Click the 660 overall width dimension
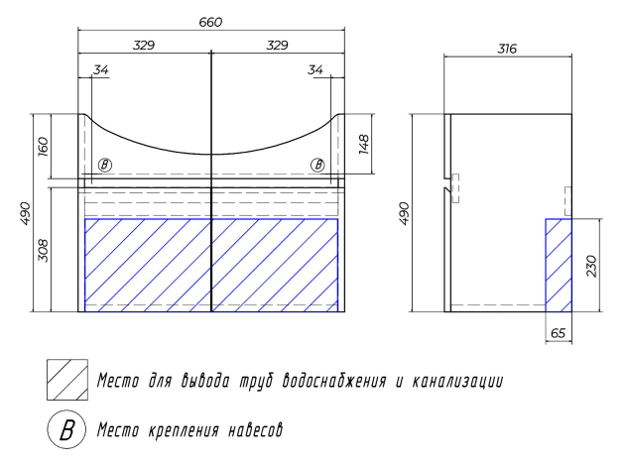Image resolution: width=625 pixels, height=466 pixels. [x=210, y=22]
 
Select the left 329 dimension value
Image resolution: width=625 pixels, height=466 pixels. [x=144, y=45]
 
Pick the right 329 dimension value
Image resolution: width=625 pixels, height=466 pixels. [x=277, y=45]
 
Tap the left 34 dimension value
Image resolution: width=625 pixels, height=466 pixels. [x=101, y=69]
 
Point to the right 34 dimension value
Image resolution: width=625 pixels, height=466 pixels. [x=314, y=69]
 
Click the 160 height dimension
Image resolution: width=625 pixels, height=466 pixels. [x=43, y=146]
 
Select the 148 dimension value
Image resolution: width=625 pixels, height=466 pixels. [x=364, y=144]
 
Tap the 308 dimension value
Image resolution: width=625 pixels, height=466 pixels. [x=43, y=251]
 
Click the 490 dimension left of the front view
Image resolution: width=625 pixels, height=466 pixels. [x=25, y=213]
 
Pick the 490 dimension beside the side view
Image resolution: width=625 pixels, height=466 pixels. [x=404, y=213]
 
